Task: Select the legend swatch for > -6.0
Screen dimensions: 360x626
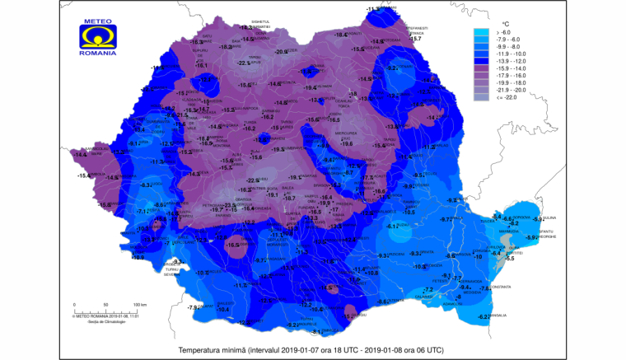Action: point(484,34)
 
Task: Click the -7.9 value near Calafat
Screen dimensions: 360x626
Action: point(192,307)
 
